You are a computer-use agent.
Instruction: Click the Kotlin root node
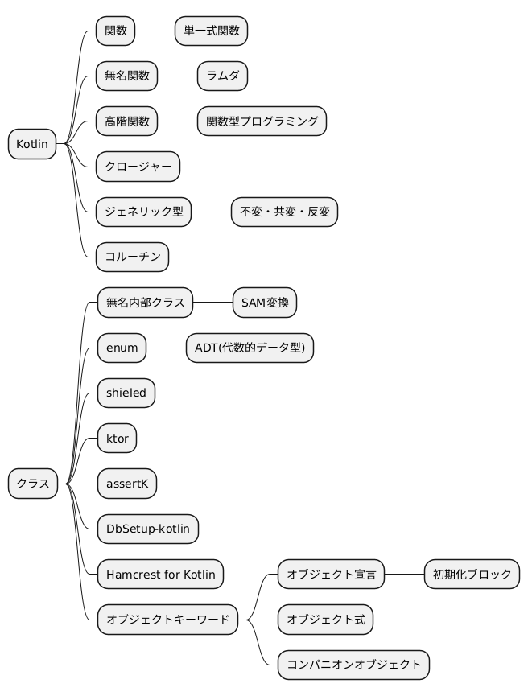pyautogui.click(x=32, y=144)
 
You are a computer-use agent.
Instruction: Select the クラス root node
pyautogui.click(x=33, y=484)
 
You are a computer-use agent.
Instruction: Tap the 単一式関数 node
pyautogui.click(x=212, y=31)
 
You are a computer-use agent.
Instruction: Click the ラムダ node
pyautogui.click(x=222, y=76)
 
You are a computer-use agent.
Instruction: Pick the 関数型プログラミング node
pyautogui.click(x=262, y=121)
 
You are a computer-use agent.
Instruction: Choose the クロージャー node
pyautogui.click(x=138, y=167)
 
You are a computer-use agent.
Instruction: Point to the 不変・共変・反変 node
pyautogui.click(x=285, y=212)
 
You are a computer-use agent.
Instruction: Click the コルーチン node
pyautogui.click(x=132, y=257)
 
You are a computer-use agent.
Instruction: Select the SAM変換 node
pyautogui.click(x=265, y=303)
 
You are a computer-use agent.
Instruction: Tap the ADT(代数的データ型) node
pyautogui.click(x=250, y=348)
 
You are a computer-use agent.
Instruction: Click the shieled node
pyautogui.click(x=126, y=393)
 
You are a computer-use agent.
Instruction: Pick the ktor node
pyautogui.click(x=117, y=438)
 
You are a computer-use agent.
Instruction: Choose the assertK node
pyautogui.click(x=127, y=484)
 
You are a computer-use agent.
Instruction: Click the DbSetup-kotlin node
pyautogui.click(x=148, y=529)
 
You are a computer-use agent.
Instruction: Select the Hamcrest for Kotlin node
pyautogui.click(x=160, y=574)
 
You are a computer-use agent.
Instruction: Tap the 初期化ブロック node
pyautogui.click(x=472, y=574)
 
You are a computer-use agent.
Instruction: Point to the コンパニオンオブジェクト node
pyautogui.click(x=354, y=665)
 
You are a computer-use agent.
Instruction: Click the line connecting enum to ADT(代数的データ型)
pyautogui.click(x=166, y=348)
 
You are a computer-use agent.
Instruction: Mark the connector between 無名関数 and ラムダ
pyautogui.click(x=178, y=76)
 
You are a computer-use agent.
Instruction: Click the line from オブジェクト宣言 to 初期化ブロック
pyautogui.click(x=405, y=574)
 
